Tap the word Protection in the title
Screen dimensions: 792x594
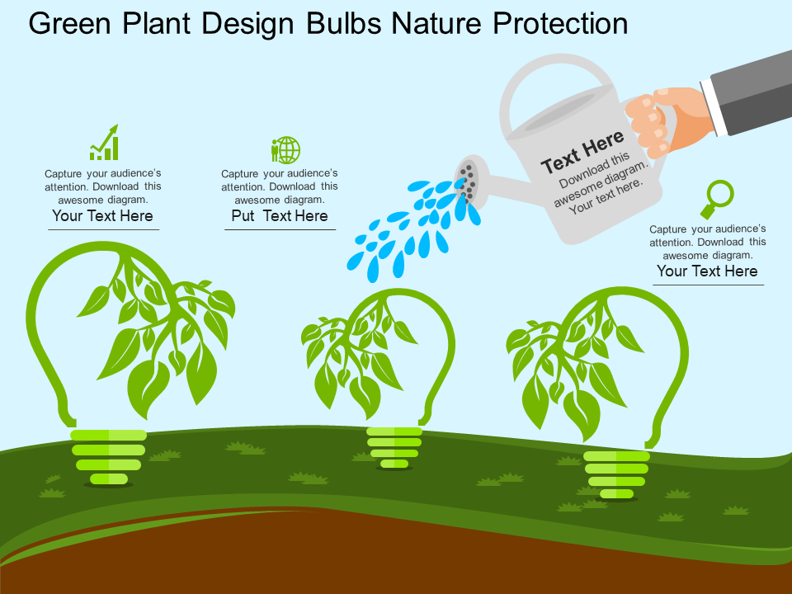coord(560,23)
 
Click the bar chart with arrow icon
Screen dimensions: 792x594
coord(104,143)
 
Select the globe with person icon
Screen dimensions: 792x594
coord(285,149)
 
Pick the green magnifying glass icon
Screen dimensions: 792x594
coord(717,199)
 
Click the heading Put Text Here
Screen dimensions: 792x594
coord(280,215)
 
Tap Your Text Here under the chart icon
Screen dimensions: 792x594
coord(102,215)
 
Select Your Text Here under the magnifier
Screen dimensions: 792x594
coord(707,271)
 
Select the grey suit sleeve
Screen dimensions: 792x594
coord(752,92)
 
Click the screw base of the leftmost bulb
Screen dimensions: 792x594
coord(109,457)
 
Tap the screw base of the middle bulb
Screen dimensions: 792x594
coord(394,447)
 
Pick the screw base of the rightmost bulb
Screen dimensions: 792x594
coord(616,475)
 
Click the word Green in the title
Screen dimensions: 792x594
coord(69,23)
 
